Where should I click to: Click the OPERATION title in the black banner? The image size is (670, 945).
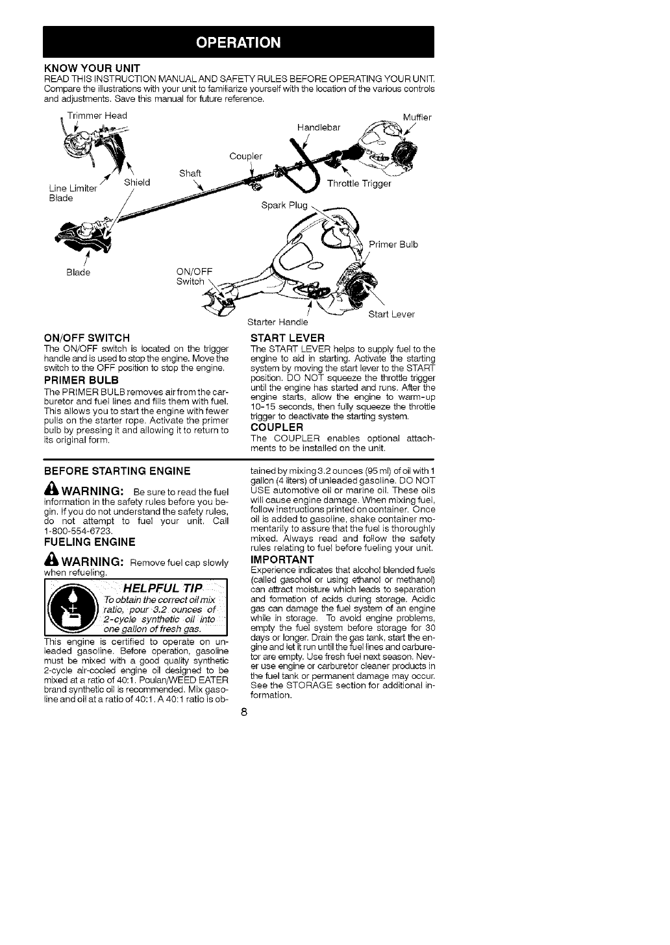click(x=238, y=43)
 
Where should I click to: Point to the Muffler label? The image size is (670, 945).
click(x=417, y=117)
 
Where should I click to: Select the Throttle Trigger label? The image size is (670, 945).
click(x=359, y=183)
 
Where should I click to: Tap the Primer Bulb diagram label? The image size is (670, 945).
click(x=393, y=244)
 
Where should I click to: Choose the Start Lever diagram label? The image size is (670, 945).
click(x=391, y=315)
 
